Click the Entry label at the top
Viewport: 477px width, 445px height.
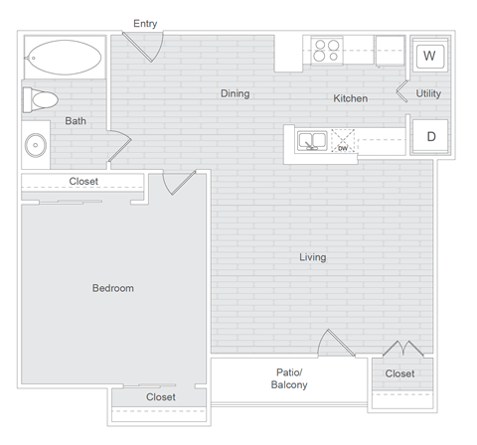pos(144,24)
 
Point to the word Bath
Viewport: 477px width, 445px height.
pos(76,121)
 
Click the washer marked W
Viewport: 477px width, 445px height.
pos(428,56)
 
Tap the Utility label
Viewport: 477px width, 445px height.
pos(428,94)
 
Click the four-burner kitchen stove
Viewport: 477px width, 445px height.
pos(327,50)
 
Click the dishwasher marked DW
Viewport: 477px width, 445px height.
pos(344,143)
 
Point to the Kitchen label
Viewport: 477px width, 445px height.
pos(351,99)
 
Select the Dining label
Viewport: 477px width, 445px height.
pos(235,94)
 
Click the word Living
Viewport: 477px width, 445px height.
pos(313,257)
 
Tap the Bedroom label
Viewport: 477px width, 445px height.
pos(112,288)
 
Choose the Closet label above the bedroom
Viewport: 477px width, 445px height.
pos(83,182)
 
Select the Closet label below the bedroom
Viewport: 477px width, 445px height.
pos(160,397)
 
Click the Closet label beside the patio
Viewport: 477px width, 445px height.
pos(400,373)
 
